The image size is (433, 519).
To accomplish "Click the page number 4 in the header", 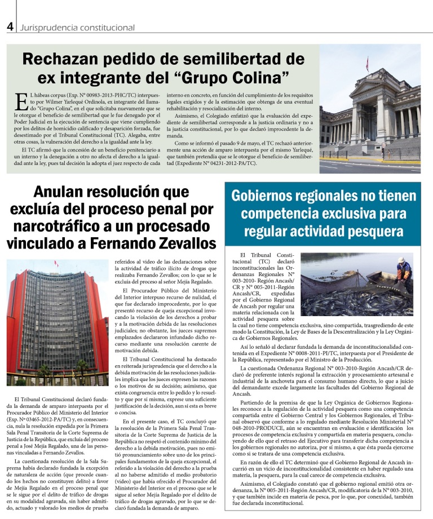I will pos(10,26).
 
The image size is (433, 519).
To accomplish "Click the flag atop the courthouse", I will pos(367,64).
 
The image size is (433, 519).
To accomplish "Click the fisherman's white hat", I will pos(401,260).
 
